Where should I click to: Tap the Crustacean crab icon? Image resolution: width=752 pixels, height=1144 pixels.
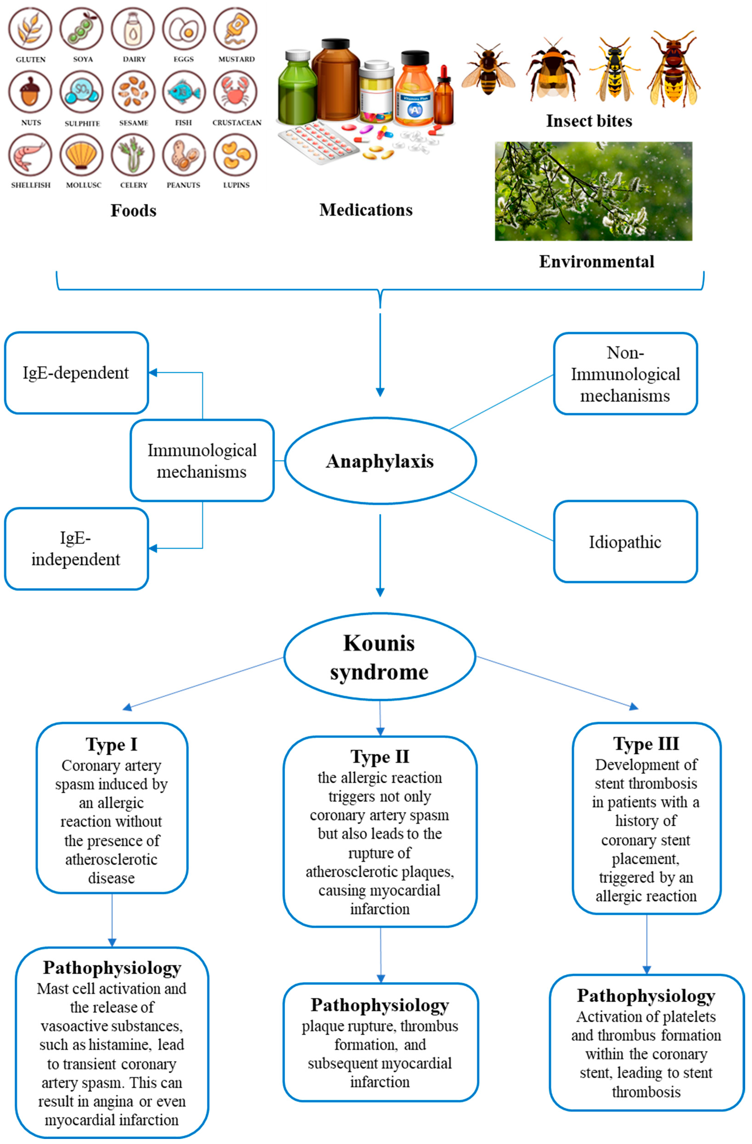pos(236,92)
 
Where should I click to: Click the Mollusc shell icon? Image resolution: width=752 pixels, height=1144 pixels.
pos(82,155)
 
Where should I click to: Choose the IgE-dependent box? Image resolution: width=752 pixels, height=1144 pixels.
pos(76,372)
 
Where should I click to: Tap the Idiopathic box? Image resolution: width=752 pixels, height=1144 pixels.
pos(625,542)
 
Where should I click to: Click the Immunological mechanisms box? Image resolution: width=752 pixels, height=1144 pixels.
pos(202,460)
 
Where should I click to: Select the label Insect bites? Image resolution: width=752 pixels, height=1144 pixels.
pos(589,121)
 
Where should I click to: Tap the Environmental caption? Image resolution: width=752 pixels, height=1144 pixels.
pos(596,261)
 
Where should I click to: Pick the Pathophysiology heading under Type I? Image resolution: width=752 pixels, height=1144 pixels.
pos(112,967)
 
